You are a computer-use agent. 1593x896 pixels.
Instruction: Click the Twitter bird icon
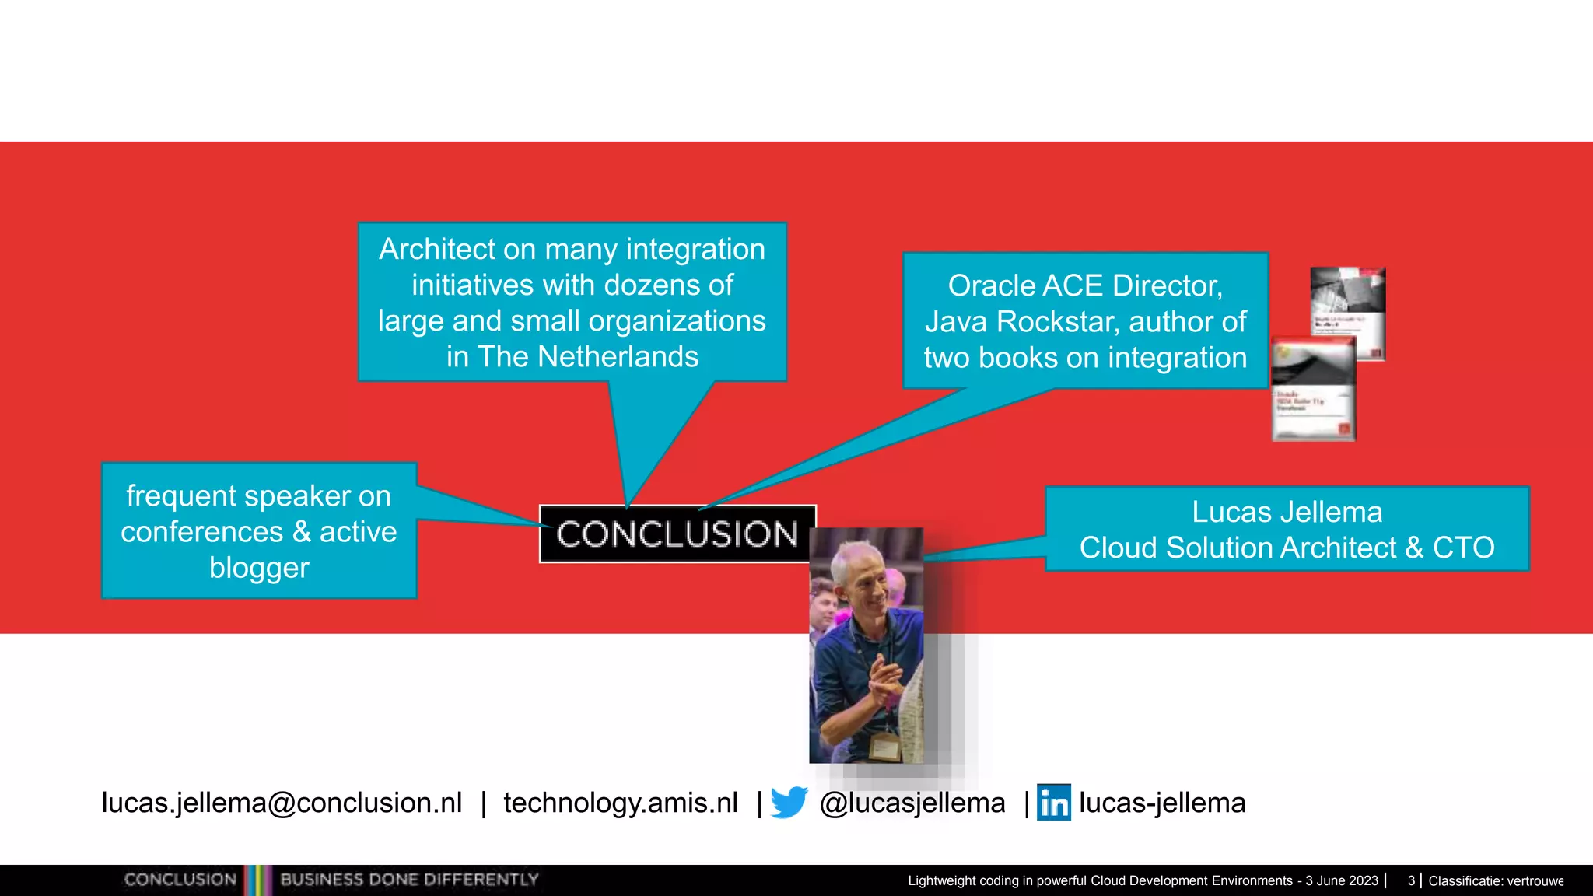(x=789, y=803)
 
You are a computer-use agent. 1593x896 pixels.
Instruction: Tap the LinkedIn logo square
(x=1053, y=803)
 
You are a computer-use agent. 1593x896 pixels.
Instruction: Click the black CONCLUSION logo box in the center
(x=677, y=534)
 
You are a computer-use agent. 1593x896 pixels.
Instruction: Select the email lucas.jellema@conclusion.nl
(x=282, y=803)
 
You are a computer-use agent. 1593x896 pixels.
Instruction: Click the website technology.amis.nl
(x=620, y=803)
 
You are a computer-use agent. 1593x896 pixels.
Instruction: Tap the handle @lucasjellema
(x=912, y=803)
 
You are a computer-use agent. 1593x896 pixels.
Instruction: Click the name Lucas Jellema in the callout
(x=1287, y=512)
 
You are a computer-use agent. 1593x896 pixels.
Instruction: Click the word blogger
(x=259, y=568)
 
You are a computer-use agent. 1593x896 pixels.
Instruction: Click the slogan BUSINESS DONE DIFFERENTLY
(x=409, y=880)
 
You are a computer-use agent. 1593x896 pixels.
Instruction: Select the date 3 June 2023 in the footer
(x=1341, y=880)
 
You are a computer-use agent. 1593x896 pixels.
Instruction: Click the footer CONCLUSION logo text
(x=180, y=880)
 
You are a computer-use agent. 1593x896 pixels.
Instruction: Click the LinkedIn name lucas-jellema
(x=1161, y=803)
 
